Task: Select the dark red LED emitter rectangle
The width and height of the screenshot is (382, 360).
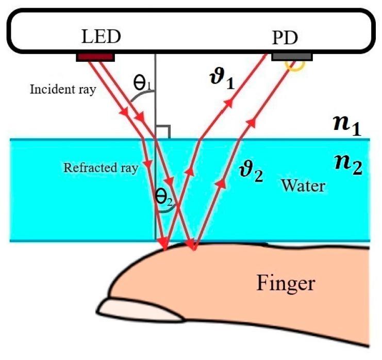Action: (x=95, y=56)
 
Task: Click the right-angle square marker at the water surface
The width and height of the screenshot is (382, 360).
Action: (x=162, y=132)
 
